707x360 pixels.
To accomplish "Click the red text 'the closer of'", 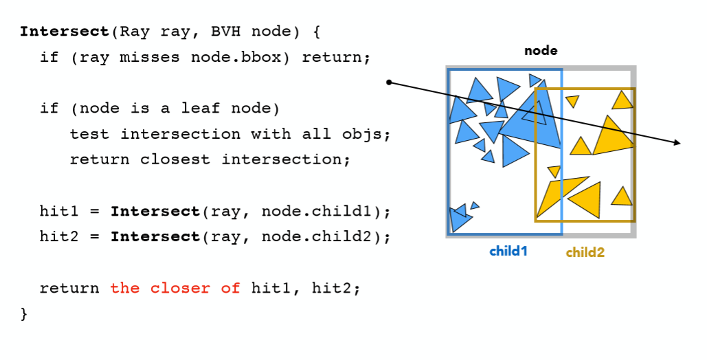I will click(175, 289).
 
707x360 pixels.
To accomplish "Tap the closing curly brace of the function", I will click(25, 314).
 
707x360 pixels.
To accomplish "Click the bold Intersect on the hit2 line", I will click(155, 237).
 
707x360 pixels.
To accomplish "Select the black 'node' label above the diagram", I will click(541, 51).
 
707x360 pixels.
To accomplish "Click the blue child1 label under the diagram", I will click(508, 251).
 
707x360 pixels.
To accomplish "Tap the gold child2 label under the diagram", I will click(585, 252).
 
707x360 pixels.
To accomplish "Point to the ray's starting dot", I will click(389, 82).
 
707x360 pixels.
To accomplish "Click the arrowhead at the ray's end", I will click(677, 143).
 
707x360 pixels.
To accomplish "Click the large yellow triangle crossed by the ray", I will click(611, 137).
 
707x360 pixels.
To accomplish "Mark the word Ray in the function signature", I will click(135, 32).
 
